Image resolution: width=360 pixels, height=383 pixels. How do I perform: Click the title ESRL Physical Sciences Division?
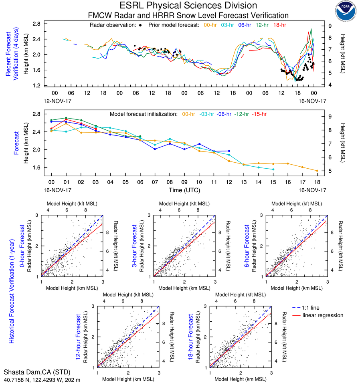pyautogui.click(x=188, y=6)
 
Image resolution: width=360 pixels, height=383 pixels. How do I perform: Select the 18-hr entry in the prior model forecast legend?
pyautogui.click(x=280, y=25)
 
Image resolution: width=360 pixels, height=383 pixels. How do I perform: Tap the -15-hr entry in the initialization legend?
pyautogui.click(x=259, y=114)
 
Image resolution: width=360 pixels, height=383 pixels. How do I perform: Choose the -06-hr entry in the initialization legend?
pyautogui.click(x=222, y=114)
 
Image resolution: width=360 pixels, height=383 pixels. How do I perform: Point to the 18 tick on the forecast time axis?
pyautogui.click(x=317, y=182)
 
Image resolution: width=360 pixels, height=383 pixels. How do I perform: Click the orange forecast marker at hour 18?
pyautogui.click(x=317, y=171)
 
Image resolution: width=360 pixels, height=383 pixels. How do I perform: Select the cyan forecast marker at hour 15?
pyautogui.click(x=273, y=169)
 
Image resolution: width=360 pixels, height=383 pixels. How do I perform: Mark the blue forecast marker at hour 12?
pyautogui.click(x=229, y=151)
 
